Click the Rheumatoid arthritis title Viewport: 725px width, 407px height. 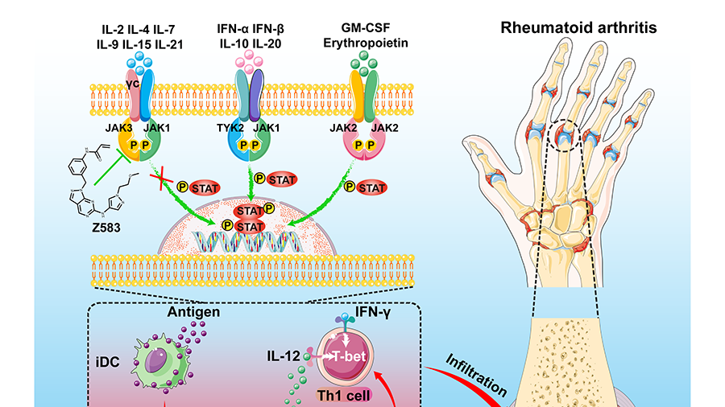click(x=578, y=27)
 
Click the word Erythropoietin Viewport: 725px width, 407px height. click(x=363, y=44)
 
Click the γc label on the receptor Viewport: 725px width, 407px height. click(x=134, y=80)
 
